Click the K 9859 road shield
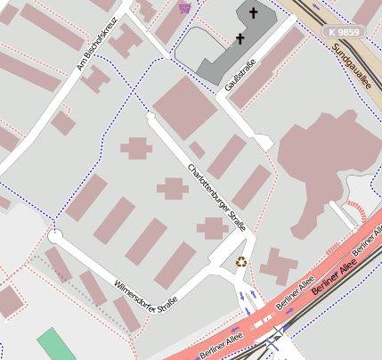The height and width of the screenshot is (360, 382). [343, 32]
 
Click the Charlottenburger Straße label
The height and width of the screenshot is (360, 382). [217, 196]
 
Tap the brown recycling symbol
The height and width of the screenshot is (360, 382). [241, 262]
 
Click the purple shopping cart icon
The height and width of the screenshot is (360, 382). [184, 8]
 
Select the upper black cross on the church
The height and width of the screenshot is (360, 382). [253, 13]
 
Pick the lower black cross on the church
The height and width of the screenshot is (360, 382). [239, 39]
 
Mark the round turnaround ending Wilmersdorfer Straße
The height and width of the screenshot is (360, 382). [55, 237]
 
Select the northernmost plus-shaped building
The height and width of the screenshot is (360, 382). [136, 148]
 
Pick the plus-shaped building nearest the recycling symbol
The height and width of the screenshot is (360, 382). [213, 228]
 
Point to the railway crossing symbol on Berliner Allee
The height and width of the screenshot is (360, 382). [279, 331]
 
